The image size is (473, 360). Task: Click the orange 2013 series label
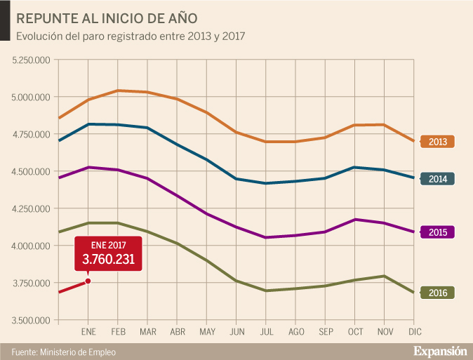click(x=437, y=142)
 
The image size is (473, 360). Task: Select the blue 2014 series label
click(x=437, y=179)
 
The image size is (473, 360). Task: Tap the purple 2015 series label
click(x=437, y=232)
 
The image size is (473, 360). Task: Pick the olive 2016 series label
click(x=437, y=293)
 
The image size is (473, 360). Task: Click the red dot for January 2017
click(x=88, y=281)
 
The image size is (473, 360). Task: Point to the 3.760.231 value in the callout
click(x=108, y=260)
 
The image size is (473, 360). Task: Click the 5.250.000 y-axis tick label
click(x=31, y=60)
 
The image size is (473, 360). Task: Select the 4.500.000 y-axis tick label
click(x=31, y=171)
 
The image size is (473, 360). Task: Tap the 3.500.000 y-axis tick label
click(x=31, y=320)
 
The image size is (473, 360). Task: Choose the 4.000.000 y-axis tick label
click(x=31, y=246)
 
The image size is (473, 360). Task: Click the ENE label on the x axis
click(x=88, y=331)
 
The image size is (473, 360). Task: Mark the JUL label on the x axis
click(x=267, y=331)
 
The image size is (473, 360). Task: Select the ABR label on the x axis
click(x=178, y=331)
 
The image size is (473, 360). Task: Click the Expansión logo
click(x=439, y=349)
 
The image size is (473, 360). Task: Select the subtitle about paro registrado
click(x=130, y=35)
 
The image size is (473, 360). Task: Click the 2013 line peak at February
click(x=118, y=91)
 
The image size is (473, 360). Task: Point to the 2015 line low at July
click(x=267, y=237)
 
